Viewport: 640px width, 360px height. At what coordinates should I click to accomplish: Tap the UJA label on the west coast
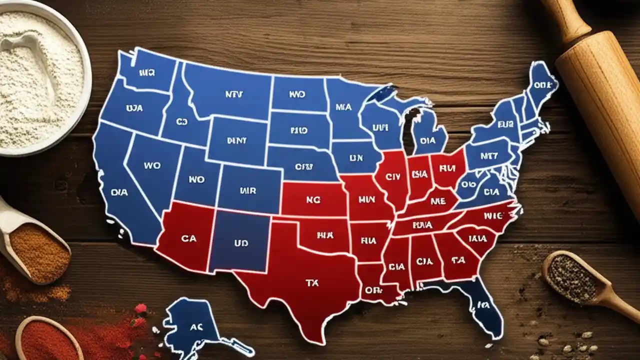tap(134, 107)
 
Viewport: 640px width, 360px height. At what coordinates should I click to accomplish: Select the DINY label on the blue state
tap(236, 140)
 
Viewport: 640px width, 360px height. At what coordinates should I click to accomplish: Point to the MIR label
tap(247, 190)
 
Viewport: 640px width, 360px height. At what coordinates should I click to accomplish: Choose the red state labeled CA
tap(188, 238)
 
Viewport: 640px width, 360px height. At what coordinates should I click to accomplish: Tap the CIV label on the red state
tap(393, 176)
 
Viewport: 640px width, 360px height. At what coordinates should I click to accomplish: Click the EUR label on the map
tap(505, 123)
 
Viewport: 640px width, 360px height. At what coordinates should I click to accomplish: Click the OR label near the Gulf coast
tap(373, 289)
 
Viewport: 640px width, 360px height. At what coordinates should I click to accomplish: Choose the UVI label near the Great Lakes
tap(380, 127)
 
